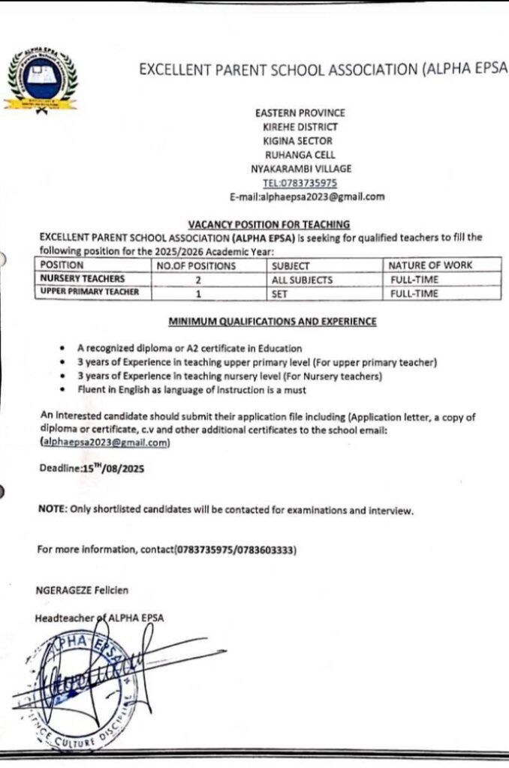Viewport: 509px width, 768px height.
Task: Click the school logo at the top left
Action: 41,80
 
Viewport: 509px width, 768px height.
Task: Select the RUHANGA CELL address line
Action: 300,154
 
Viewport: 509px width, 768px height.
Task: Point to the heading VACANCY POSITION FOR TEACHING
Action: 268,224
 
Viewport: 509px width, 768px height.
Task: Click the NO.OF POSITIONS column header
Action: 196,265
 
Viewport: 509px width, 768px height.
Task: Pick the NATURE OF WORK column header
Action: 430,265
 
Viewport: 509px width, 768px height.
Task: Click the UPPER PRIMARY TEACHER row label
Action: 89,292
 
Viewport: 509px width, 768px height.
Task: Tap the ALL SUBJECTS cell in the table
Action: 303,280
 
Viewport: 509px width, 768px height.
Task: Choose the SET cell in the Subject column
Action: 280,294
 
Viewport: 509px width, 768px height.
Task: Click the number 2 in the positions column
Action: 199,280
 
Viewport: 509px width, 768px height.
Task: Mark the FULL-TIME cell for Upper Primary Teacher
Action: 414,294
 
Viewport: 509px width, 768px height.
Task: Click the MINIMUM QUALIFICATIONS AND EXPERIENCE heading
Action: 273,322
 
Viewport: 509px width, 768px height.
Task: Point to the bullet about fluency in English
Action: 191,390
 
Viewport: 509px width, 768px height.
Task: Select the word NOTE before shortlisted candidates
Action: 52,510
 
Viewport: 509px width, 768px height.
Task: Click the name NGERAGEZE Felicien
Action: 79,590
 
